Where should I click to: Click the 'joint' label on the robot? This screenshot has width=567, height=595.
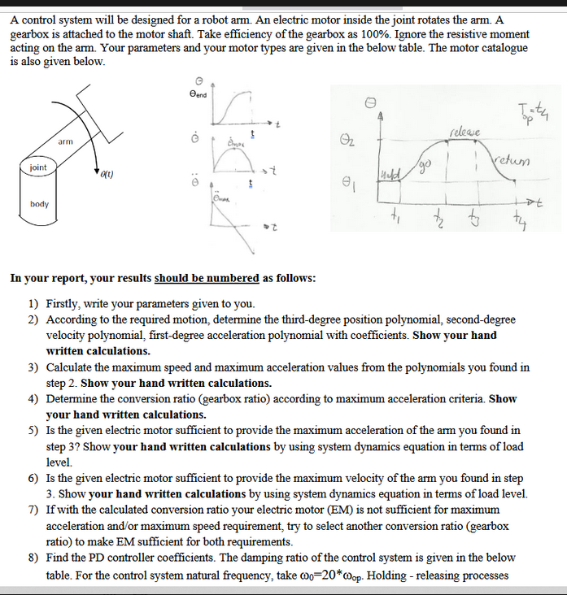point(38,167)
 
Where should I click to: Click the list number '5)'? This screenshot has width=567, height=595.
point(34,430)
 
